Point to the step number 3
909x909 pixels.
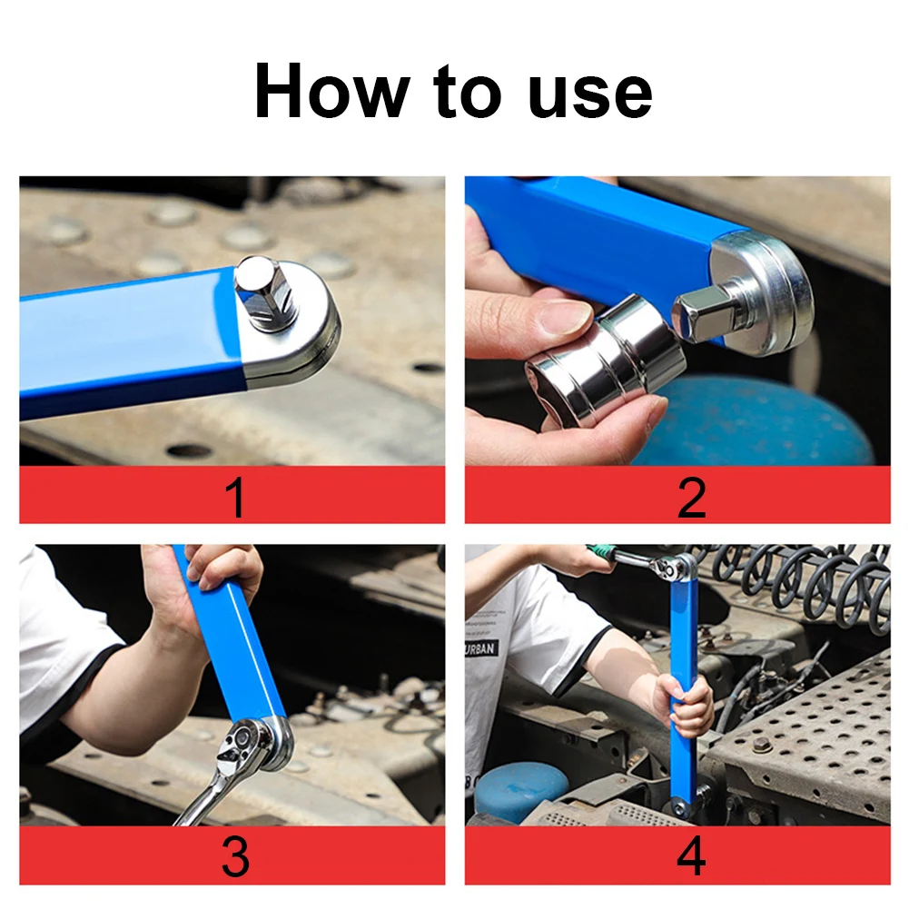(234, 857)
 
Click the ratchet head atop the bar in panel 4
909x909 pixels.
(676, 568)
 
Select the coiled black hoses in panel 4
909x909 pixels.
(799, 581)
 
